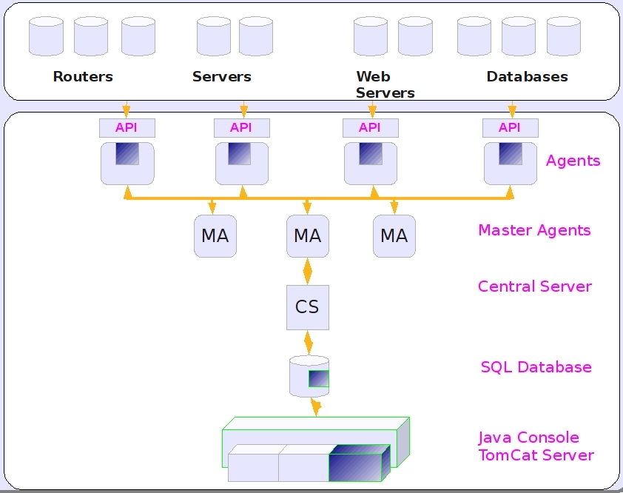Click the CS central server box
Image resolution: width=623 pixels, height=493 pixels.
pos(308,307)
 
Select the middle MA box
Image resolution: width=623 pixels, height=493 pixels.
pos(308,236)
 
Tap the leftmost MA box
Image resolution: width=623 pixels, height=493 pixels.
pos(215,236)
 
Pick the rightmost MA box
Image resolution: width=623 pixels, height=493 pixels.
pos(394,236)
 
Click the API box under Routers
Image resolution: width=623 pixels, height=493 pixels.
pos(127,128)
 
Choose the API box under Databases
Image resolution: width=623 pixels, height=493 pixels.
pos(510,128)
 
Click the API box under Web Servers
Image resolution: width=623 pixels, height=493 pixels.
pos(370,128)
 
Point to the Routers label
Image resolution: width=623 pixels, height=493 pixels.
pos(83,77)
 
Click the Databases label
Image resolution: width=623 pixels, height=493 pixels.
pos(527,77)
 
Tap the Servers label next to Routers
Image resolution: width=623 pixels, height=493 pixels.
pos(222,77)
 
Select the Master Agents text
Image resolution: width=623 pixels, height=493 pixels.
pos(534,230)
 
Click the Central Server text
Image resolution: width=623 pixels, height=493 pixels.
pos(534,286)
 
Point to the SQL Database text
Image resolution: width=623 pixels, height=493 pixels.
pos(536,367)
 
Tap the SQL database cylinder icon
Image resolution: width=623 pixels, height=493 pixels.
pos(309,376)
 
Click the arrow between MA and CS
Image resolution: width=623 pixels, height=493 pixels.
pos(308,271)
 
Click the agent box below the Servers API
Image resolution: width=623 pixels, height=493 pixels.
pos(242,164)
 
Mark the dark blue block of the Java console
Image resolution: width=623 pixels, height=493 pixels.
pos(359,463)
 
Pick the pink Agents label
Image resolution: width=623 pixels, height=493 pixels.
pos(573,161)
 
